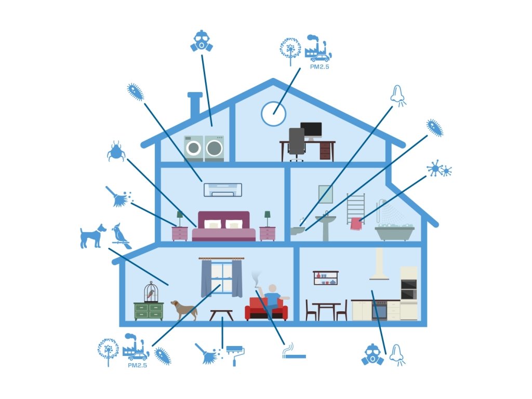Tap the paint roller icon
[x=235, y=354]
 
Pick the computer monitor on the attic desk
[x=311, y=129]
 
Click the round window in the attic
[x=273, y=113]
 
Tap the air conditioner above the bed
[x=223, y=189]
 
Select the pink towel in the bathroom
[x=356, y=223]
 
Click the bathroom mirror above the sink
[x=326, y=194]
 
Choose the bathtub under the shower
[x=394, y=233]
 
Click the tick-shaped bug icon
[x=115, y=151]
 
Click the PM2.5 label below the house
[x=137, y=365]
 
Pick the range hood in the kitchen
[x=379, y=265]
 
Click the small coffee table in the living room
[x=221, y=314]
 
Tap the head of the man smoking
[x=272, y=288]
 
